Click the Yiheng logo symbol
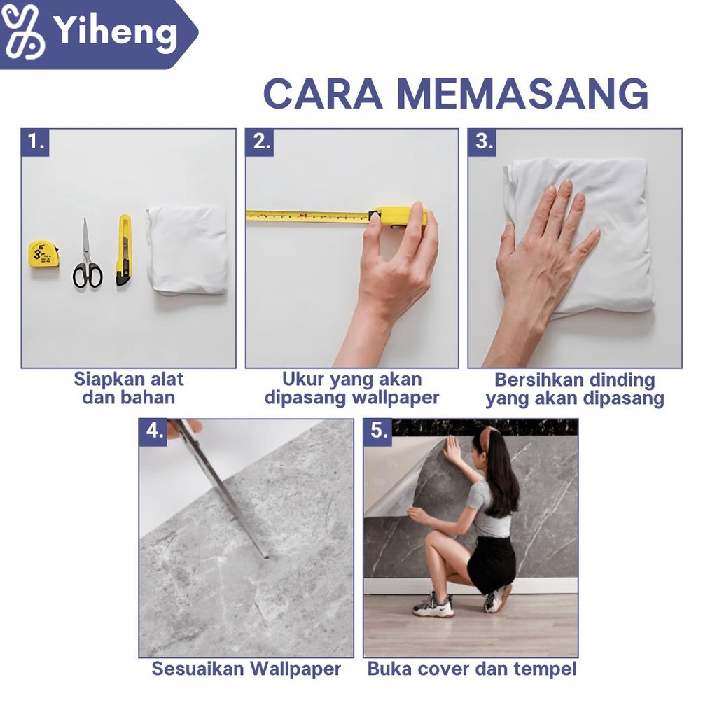[x=23, y=32]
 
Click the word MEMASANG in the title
[x=522, y=95]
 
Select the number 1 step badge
[x=36, y=142]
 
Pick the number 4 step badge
[x=154, y=431]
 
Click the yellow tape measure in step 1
[x=43, y=253]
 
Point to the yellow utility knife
[x=123, y=250]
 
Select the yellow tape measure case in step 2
[x=398, y=216]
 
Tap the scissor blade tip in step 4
[x=265, y=557]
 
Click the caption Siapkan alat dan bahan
[x=129, y=388]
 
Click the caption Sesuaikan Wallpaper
[x=246, y=669]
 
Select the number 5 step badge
[x=379, y=431]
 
